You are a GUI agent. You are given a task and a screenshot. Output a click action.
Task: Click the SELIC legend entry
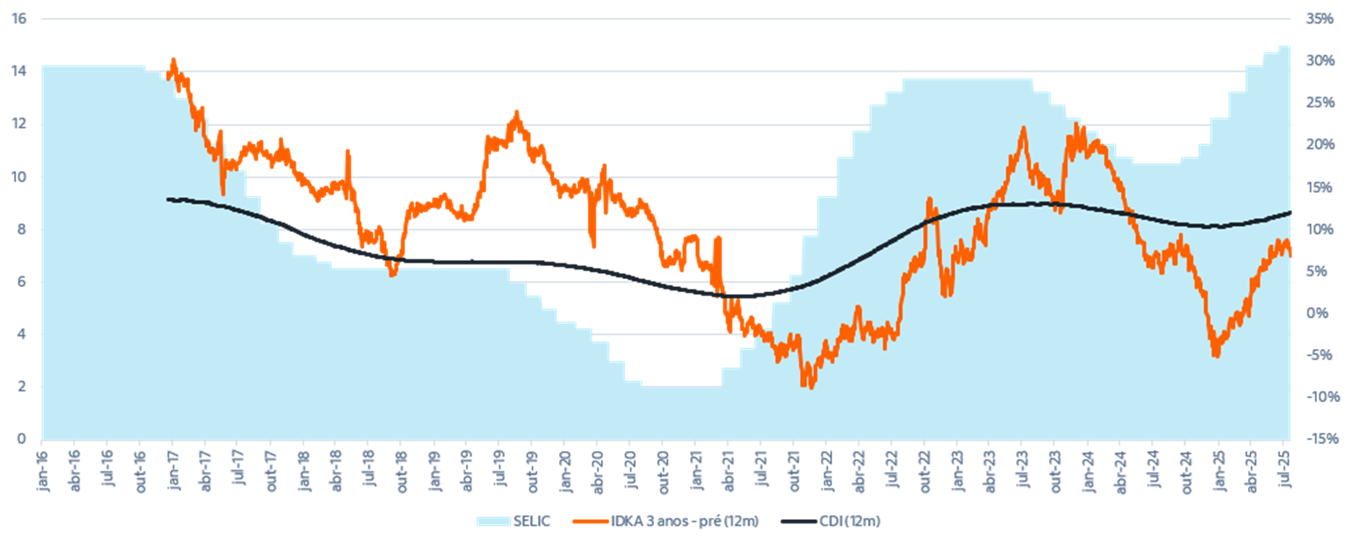[515, 521]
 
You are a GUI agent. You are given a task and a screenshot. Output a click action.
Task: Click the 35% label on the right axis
[1320, 18]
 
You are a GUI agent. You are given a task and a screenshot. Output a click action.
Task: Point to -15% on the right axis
[1320, 439]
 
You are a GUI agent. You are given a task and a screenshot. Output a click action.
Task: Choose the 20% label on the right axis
[1320, 145]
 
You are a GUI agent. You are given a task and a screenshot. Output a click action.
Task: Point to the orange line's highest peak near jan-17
[173, 58]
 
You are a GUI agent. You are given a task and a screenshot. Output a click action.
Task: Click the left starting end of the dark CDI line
[167, 199]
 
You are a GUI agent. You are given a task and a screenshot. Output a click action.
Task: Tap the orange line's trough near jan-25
[1215, 356]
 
